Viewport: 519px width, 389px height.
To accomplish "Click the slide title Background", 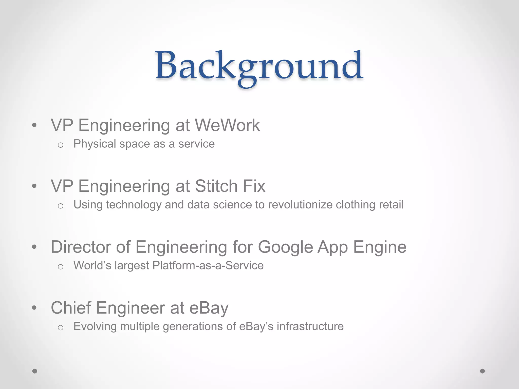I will [x=259, y=66].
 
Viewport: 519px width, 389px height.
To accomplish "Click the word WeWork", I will [x=227, y=125].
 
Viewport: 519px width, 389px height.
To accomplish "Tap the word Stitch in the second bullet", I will [x=216, y=186].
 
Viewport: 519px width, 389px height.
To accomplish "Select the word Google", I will [x=285, y=247].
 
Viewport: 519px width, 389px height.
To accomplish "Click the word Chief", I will [x=71, y=308].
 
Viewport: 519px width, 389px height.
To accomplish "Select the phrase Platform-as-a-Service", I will [x=208, y=266].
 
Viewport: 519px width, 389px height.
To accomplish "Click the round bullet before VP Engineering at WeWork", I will [x=34, y=125].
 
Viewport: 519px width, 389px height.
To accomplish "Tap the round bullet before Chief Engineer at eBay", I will [x=34, y=308].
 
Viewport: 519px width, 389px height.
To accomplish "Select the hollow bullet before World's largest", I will [x=60, y=267].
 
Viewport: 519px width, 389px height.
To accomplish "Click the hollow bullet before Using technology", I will [x=60, y=206].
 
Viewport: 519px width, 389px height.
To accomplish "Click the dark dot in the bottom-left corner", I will [x=35, y=371].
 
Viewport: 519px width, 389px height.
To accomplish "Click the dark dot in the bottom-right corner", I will [x=483, y=371].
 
